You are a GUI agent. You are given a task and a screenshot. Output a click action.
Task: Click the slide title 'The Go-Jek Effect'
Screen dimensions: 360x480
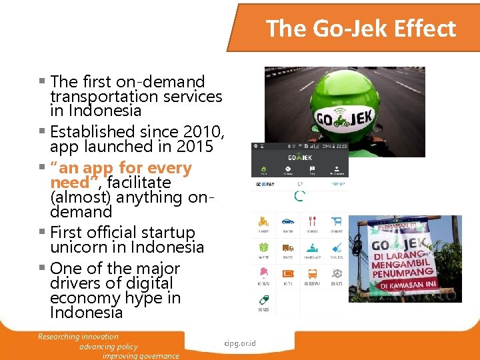pyautogui.click(x=361, y=29)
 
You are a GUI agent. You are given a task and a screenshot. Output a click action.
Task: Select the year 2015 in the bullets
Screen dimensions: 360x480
pyautogui.click(x=193, y=146)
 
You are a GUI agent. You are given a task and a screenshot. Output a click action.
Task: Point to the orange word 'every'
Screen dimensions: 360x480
pyautogui.click(x=171, y=168)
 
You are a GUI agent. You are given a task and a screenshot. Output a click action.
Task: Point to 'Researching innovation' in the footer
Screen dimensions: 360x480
pyautogui.click(x=79, y=337)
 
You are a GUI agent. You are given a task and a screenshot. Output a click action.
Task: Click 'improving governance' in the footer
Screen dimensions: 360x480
pyautogui.click(x=141, y=356)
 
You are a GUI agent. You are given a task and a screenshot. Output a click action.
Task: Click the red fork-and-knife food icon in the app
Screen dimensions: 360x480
pyautogui.click(x=312, y=221)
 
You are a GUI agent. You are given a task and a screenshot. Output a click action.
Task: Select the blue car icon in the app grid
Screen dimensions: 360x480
pyautogui.click(x=287, y=221)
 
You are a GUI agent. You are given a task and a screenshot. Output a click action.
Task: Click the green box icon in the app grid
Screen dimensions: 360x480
pyautogui.click(x=263, y=247)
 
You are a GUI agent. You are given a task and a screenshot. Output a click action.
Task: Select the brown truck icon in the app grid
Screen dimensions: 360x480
pyautogui.click(x=287, y=247)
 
